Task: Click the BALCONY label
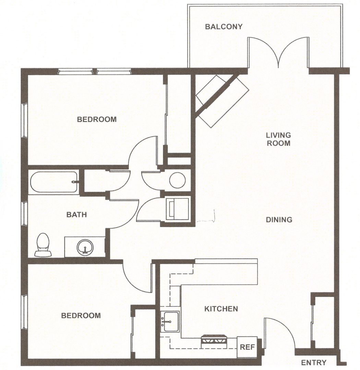point(224,26)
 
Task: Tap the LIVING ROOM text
point(278,139)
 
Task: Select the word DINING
point(279,220)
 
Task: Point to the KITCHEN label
point(221,309)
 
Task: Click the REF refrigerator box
point(247,347)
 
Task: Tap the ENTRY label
point(314,362)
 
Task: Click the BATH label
point(76,214)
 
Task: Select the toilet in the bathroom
point(43,245)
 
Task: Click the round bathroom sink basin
point(85,248)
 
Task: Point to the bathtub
point(54,182)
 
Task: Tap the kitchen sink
point(170,321)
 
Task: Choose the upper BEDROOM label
point(97,119)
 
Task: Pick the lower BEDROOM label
point(81,316)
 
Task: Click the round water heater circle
point(177,180)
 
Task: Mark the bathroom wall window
point(24,214)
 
